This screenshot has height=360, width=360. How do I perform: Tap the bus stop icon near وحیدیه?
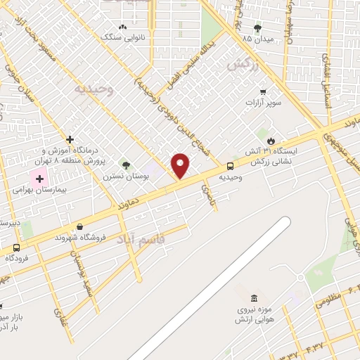pyautogui.click(x=231, y=166)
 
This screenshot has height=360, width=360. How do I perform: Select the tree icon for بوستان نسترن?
pyautogui.click(x=126, y=165)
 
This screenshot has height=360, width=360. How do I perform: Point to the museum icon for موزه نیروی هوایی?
pyautogui.click(x=252, y=295)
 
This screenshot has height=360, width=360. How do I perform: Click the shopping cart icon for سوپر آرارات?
pyautogui.click(x=263, y=91)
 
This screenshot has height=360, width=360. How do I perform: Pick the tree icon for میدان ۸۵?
pyautogui.click(x=257, y=29)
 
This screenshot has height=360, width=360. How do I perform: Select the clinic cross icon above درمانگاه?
pyautogui.click(x=70, y=139)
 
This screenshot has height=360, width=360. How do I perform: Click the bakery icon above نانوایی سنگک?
pyautogui.click(x=123, y=27)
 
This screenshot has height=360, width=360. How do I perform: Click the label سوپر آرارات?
pyautogui.click(x=262, y=103)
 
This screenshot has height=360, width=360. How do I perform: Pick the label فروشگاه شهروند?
pyautogui.click(x=82, y=237)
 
